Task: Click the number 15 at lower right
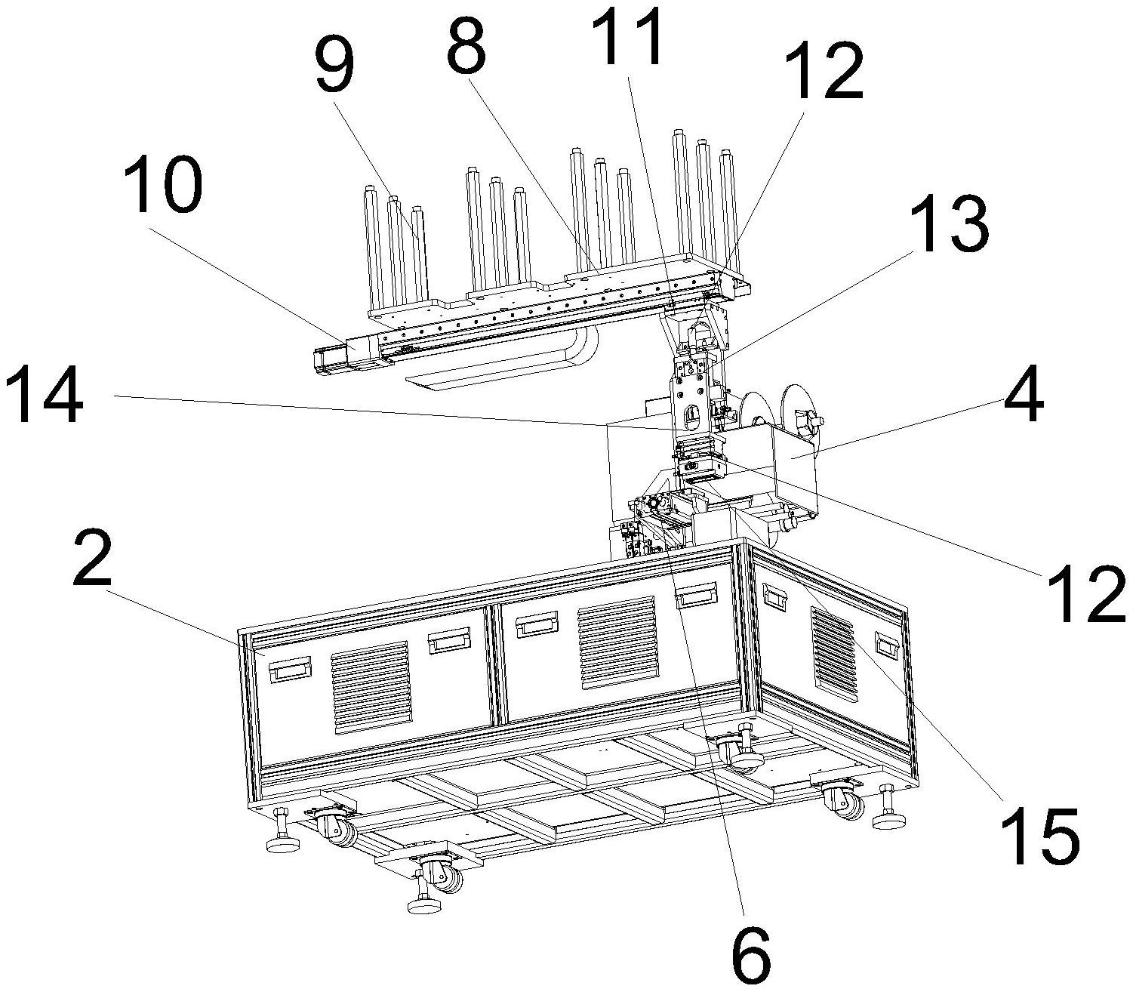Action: point(1040,836)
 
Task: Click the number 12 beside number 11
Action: point(821,72)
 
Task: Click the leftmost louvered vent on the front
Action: point(370,687)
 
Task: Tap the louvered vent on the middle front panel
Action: point(617,642)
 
